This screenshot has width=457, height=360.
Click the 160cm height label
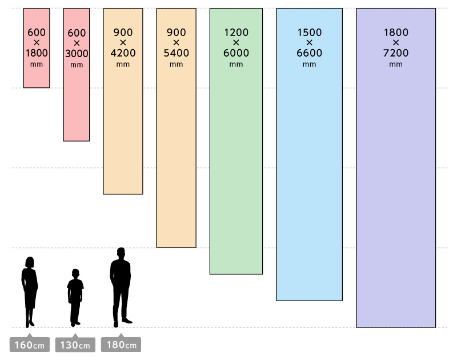(30, 345)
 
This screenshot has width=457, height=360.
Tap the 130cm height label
(75, 345)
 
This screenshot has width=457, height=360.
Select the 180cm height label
(121, 345)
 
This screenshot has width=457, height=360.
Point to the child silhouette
(75, 297)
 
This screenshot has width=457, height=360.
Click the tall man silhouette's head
(121, 253)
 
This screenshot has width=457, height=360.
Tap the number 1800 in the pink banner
(37, 53)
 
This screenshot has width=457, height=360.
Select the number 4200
(123, 53)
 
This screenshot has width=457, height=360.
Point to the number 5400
(176, 53)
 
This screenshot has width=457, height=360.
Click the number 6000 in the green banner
(236, 53)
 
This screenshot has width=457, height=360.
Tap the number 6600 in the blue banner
(309, 53)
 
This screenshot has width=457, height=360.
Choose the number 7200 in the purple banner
(396, 53)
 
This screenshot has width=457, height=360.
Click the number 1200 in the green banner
(236, 33)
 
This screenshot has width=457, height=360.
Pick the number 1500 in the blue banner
(309, 33)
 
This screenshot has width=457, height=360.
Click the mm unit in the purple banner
(396, 64)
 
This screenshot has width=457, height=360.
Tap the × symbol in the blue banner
(309, 43)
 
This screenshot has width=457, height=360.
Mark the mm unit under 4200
(123, 64)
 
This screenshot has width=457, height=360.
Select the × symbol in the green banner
(236, 43)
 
